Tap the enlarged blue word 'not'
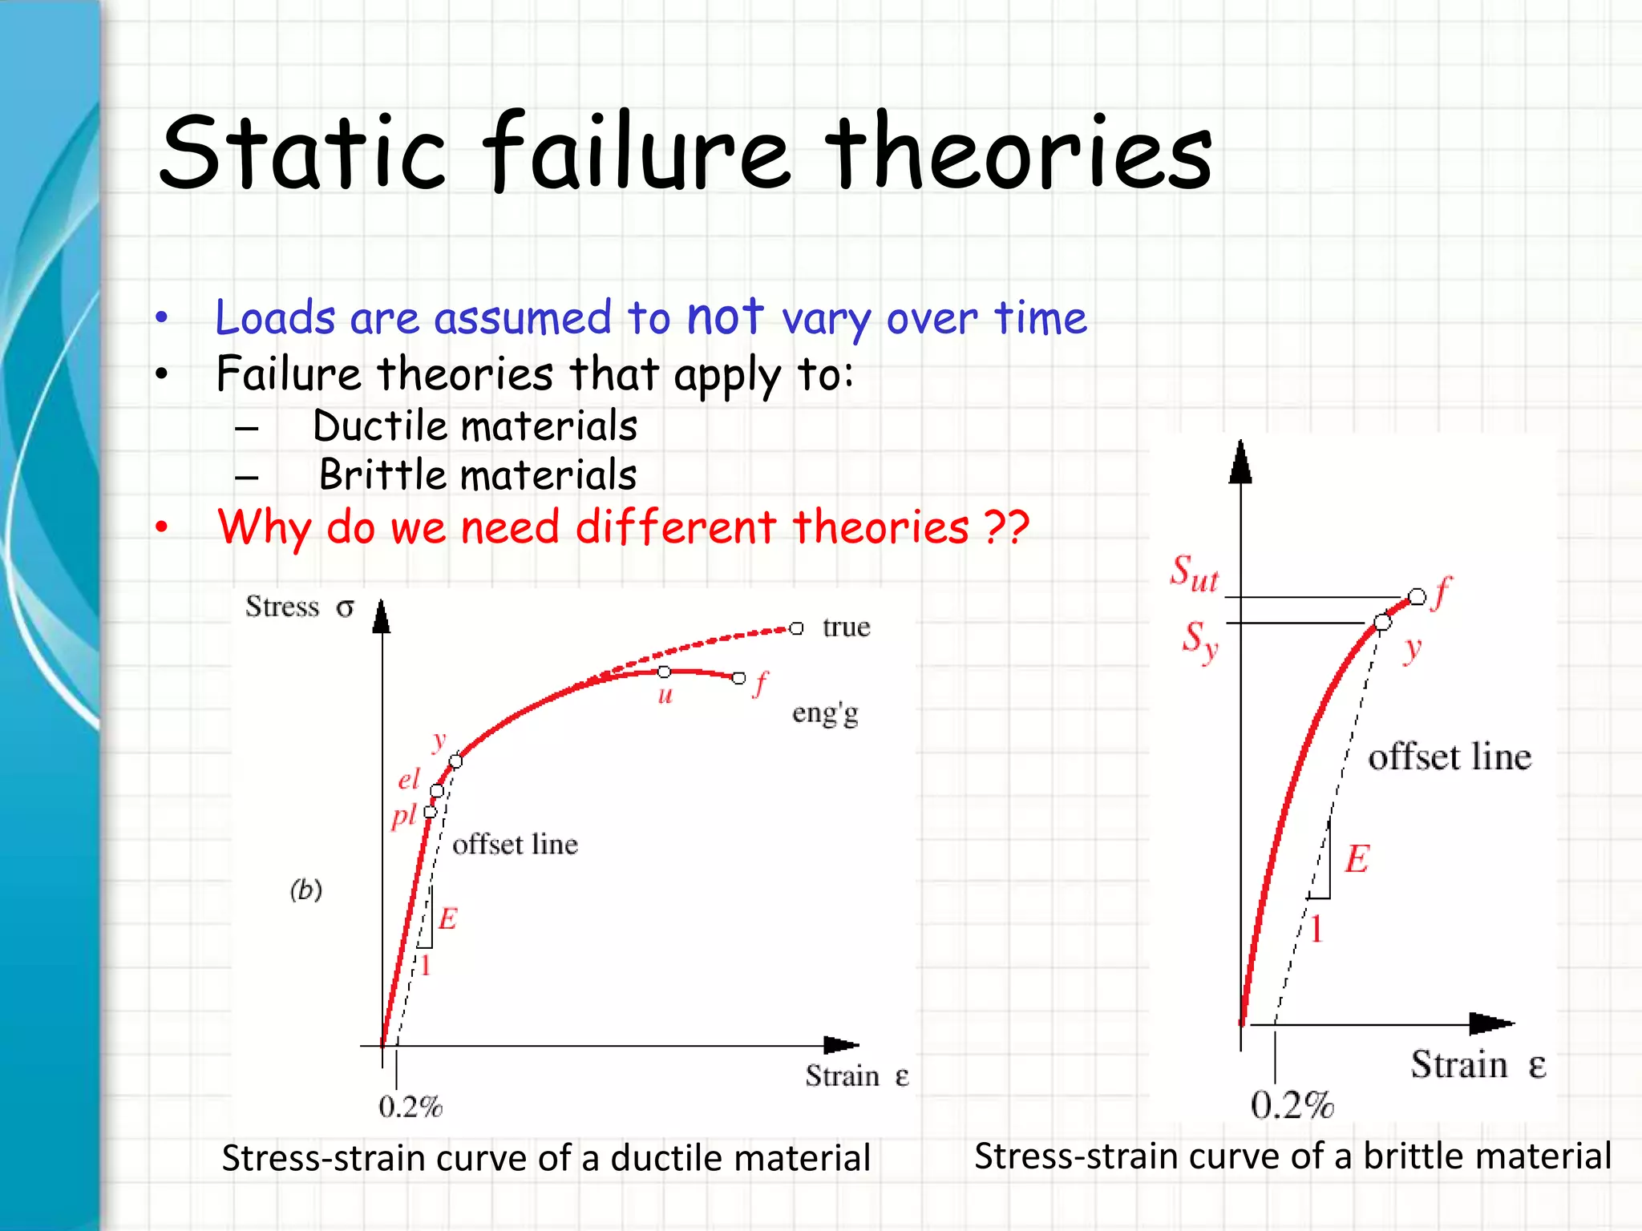tap(726, 316)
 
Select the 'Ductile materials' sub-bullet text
tap(475, 426)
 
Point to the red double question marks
tap(1006, 527)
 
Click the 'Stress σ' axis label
tap(299, 607)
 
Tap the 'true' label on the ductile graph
tap(846, 627)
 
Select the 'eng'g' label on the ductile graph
tap(825, 712)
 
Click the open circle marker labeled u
tap(664, 672)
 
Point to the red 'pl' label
tap(403, 817)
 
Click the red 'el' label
tap(409, 779)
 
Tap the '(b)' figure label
tap(305, 889)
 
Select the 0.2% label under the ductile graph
tap(410, 1107)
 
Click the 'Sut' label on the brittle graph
tap(1194, 574)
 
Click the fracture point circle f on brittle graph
tap(1418, 597)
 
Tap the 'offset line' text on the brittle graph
tap(1449, 757)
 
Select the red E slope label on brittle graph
tap(1357, 859)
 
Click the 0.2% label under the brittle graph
tap(1292, 1105)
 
